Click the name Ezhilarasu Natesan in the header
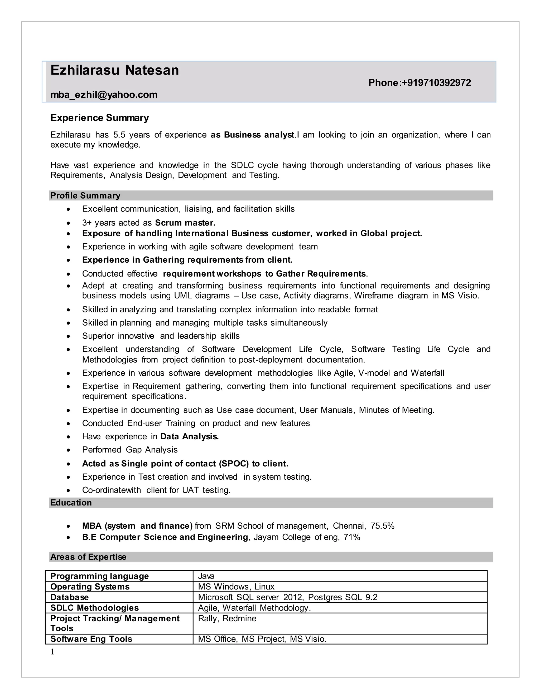pyautogui.click(x=114, y=70)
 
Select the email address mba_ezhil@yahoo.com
pyautogui.click(x=104, y=95)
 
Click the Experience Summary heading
pyautogui.click(x=99, y=118)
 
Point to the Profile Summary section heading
pyautogui.click(x=85, y=196)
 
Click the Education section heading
pyautogui.click(x=71, y=503)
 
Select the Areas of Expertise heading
pyautogui.click(x=88, y=557)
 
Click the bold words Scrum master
pyautogui.click(x=185, y=223)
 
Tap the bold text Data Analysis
pyautogui.click(x=189, y=436)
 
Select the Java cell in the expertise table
pyautogui.click(x=206, y=576)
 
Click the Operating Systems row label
pyautogui.click(x=90, y=587)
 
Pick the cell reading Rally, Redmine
pyautogui.click(x=227, y=618)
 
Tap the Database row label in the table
pyautogui.click(x=69, y=597)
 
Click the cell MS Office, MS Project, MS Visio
pyautogui.click(x=262, y=639)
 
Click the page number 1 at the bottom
pyautogui.click(x=52, y=652)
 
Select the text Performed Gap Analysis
pyautogui.click(x=129, y=450)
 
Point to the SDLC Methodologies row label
pyautogui.click(x=94, y=608)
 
